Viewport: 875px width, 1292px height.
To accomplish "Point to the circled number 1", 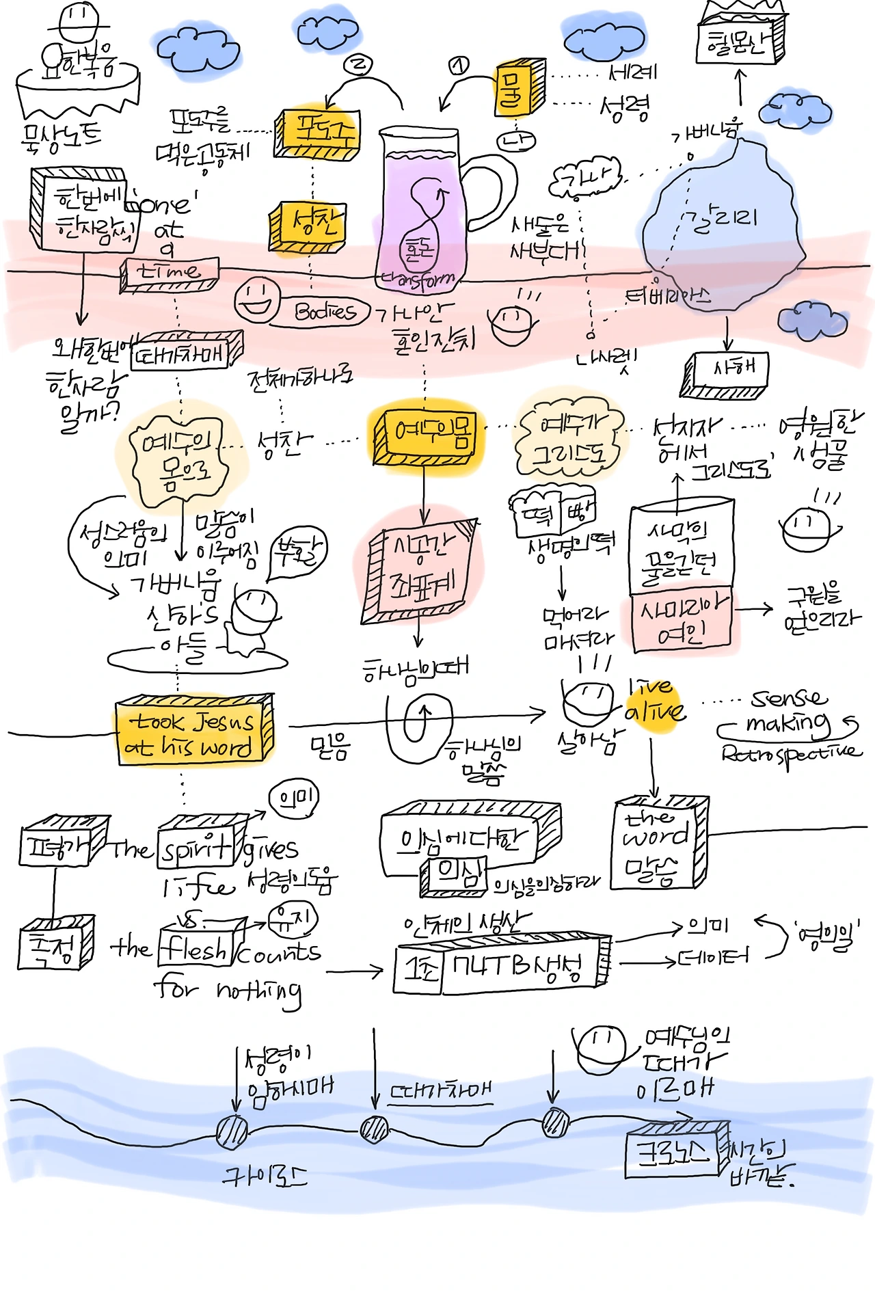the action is point(459,66).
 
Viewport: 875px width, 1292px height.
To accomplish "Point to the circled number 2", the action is point(359,64).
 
